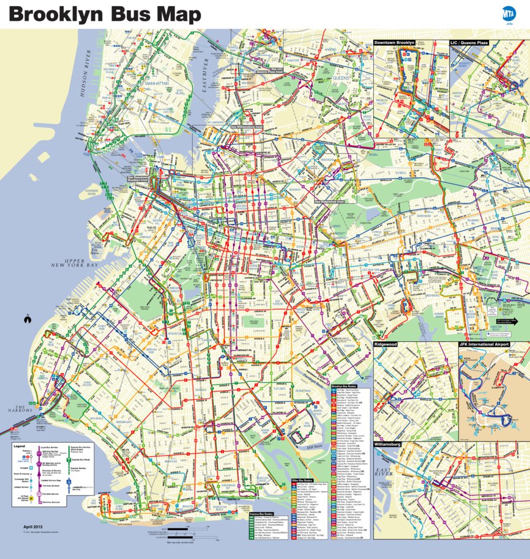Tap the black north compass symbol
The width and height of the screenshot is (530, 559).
(x=27, y=318)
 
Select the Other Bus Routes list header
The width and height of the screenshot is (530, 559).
(x=302, y=481)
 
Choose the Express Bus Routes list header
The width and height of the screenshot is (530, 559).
(x=261, y=514)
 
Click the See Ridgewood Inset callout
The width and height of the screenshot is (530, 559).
(x=329, y=201)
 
